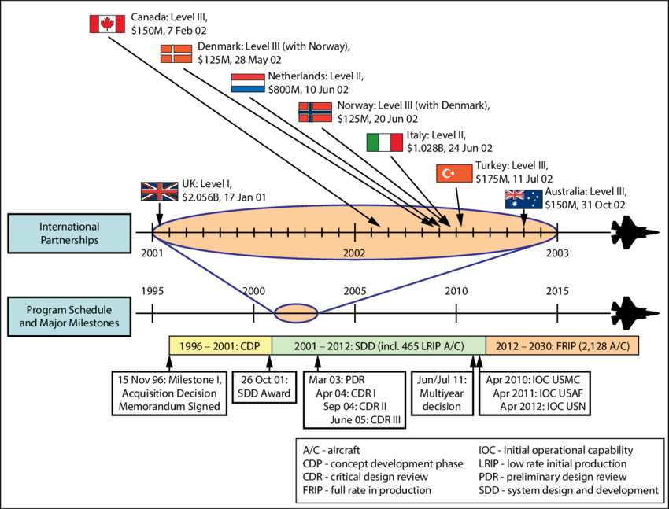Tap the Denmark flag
click(177, 53)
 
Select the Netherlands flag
click(248, 83)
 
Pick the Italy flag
click(384, 142)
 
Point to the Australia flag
click(523, 200)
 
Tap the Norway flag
click(316, 112)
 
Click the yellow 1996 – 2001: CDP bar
click(221, 346)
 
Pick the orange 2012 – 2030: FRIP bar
click(562, 346)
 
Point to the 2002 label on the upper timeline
click(354, 253)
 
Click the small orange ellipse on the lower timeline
click(296, 313)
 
